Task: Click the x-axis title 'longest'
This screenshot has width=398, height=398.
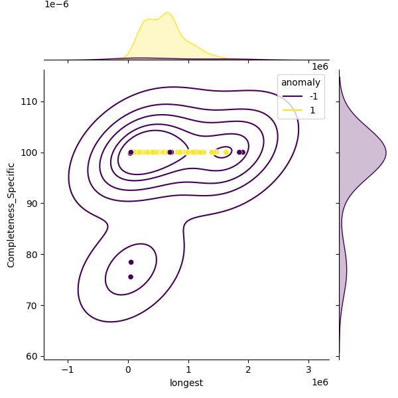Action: [186, 383]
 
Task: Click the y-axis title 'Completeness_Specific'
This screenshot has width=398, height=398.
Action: [11, 214]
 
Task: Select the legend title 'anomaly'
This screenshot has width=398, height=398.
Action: [300, 82]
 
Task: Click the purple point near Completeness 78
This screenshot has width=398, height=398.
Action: [131, 262]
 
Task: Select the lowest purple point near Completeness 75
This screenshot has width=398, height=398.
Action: [131, 277]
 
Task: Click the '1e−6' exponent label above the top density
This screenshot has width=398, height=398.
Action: [56, 5]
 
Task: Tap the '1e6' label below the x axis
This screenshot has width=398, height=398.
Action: [320, 382]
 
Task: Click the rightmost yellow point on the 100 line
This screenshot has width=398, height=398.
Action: [226, 152]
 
